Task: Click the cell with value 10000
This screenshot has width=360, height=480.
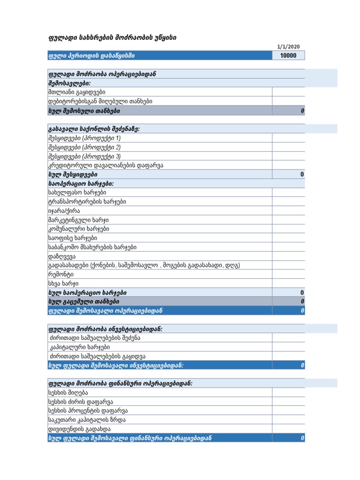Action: pos(288,56)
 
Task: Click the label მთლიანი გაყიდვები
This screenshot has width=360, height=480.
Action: pos(76,92)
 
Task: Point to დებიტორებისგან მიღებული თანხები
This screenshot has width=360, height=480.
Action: pos(100,101)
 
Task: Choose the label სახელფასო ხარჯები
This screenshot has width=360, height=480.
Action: pos(77,193)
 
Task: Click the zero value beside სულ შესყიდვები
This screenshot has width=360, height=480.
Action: pos(302,174)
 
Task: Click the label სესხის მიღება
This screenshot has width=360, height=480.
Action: pos(68,392)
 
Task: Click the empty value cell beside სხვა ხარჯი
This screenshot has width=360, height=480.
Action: pos(288,284)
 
